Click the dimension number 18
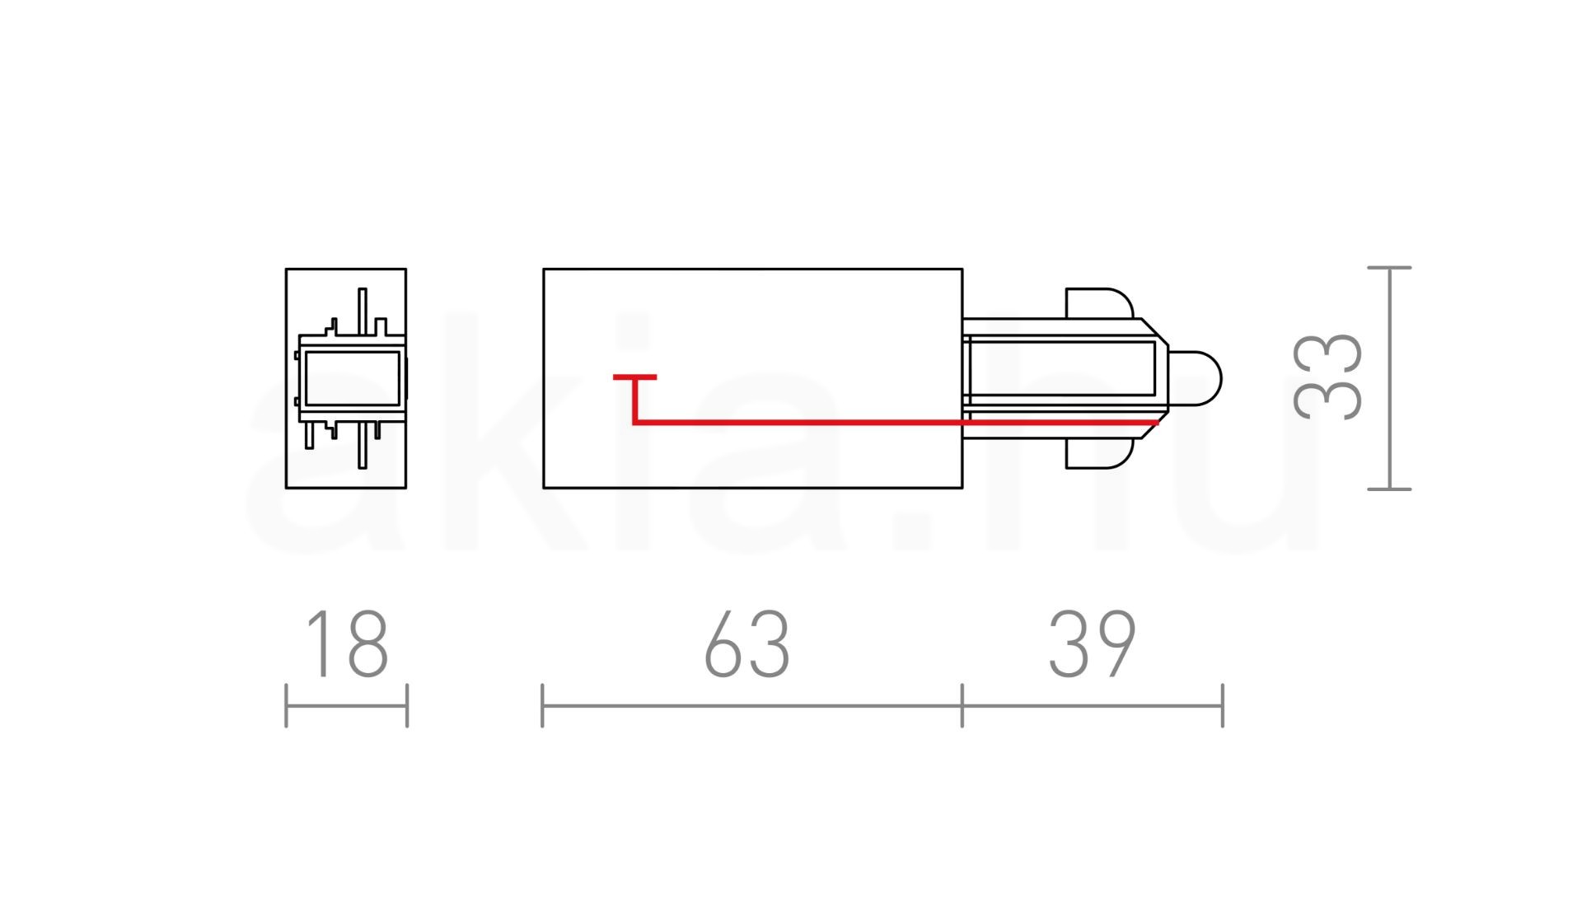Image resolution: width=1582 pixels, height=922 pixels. pos(346,644)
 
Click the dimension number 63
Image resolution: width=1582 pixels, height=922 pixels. pos(747,644)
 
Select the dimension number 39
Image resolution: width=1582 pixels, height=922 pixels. pos(1093,644)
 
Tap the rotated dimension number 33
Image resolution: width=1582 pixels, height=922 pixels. pos(1327,377)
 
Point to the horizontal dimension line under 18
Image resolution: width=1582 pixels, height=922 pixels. pos(347,706)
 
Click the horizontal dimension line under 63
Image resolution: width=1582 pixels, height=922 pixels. pos(752,706)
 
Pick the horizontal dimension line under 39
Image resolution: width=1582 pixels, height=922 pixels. pos(1093,706)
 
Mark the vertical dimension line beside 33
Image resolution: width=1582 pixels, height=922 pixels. pos(1390,378)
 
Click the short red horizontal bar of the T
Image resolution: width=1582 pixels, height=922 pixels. pos(634,377)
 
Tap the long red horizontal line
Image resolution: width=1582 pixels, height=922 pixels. pos(896,423)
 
